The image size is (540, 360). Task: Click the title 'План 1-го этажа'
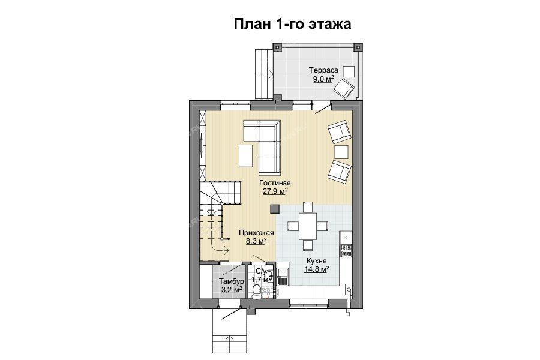tap(292, 25)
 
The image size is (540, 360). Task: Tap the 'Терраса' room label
tap(323, 70)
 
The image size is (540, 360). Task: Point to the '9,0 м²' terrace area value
tap(323, 79)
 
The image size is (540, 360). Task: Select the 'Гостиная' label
tap(275, 183)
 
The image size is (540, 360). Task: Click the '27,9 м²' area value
tap(275, 191)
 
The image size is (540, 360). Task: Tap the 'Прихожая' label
tap(256, 233)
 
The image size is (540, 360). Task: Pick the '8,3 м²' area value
tap(257, 241)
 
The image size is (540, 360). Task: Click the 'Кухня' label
tap(316, 261)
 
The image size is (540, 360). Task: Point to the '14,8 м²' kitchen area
tap(316, 269)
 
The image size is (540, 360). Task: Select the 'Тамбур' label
tap(232, 281)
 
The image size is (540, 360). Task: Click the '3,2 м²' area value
tap(232, 290)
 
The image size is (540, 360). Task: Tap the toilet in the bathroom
tap(256, 292)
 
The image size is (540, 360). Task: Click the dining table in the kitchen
tap(308, 226)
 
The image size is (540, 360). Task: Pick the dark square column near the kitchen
tap(274, 209)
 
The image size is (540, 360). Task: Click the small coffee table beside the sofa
tap(245, 155)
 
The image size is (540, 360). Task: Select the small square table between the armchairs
tap(341, 152)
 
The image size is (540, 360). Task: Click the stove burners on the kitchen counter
tap(346, 251)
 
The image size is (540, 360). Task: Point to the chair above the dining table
tap(308, 207)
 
